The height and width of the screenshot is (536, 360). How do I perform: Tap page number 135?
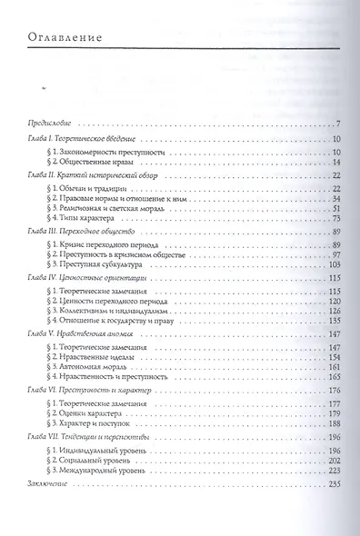click(333, 319)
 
